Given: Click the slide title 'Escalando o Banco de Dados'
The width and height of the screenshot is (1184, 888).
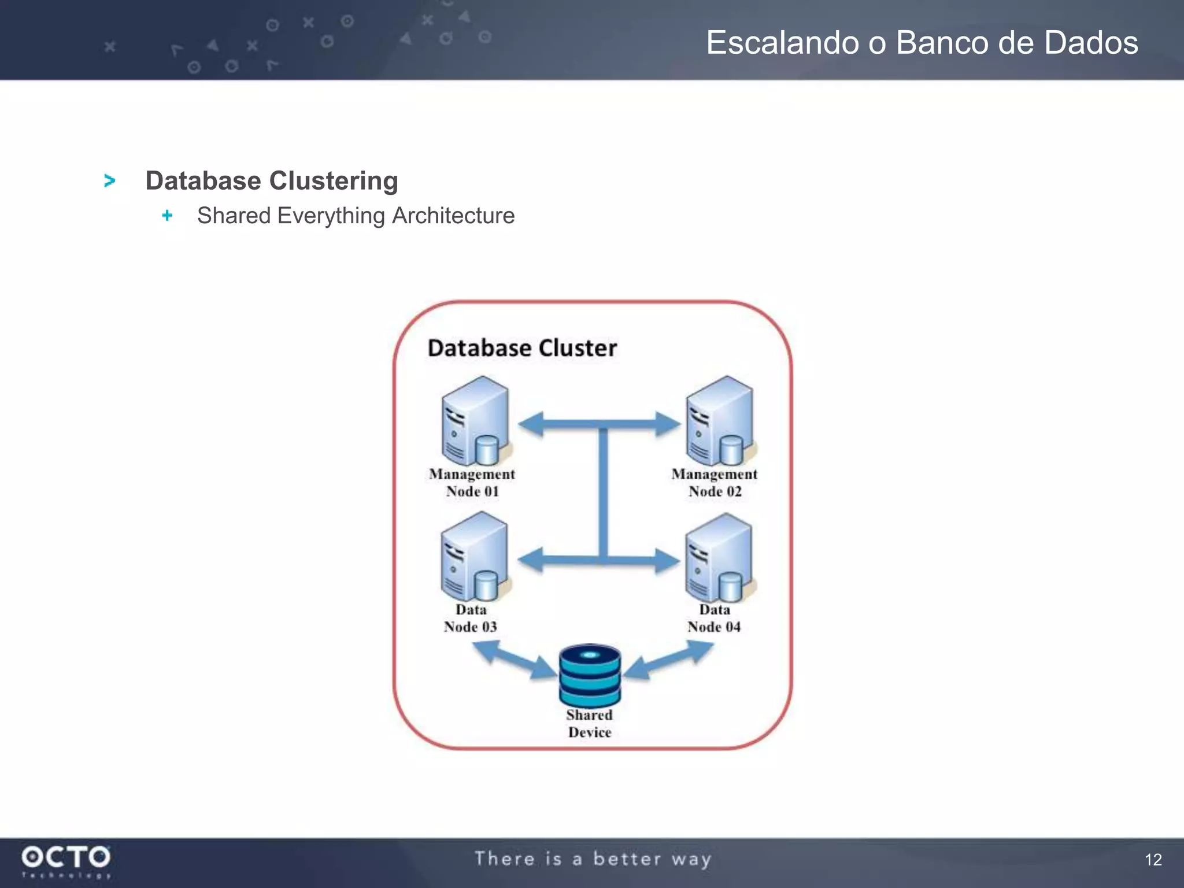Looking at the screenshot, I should click(922, 43).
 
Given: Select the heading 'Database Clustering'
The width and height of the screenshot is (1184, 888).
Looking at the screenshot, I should click(272, 181).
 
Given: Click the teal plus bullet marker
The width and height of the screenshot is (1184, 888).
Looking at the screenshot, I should click(167, 216).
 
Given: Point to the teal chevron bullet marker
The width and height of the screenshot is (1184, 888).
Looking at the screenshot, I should click(109, 181).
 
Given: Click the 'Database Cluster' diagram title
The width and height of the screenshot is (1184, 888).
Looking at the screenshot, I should click(522, 348).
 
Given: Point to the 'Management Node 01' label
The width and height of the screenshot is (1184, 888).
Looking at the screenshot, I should click(472, 483).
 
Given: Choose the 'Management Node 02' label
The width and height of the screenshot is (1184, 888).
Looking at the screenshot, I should click(715, 483).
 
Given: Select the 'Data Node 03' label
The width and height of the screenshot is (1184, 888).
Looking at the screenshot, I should click(471, 618).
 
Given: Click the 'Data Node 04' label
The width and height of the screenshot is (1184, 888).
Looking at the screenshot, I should click(714, 618).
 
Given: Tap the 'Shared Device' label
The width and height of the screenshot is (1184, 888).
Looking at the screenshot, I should click(589, 723).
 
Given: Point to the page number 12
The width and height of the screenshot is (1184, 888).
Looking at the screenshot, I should click(1153, 860).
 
